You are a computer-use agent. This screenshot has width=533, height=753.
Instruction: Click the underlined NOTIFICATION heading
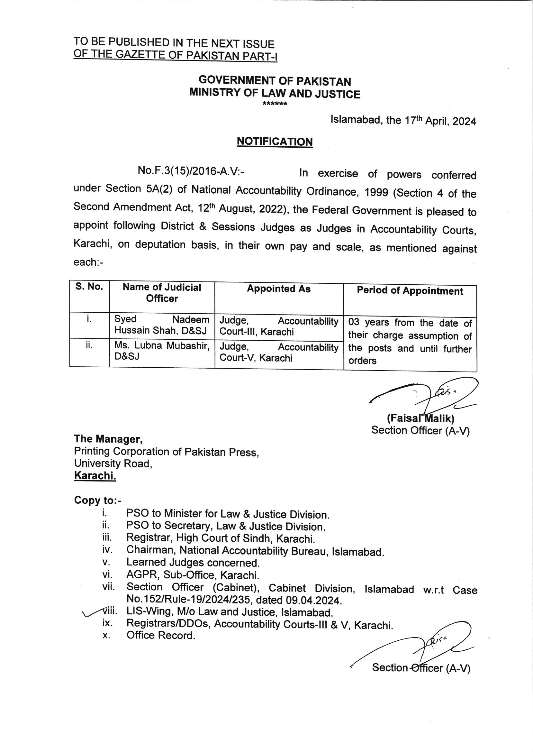[x=275, y=142]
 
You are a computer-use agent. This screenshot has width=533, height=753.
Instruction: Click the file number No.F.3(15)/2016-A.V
[x=190, y=170]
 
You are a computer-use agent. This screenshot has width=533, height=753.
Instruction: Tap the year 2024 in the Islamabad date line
[x=464, y=122]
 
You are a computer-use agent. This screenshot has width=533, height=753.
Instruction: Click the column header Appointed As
[x=279, y=289]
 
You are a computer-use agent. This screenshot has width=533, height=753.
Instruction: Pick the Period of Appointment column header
[x=410, y=291]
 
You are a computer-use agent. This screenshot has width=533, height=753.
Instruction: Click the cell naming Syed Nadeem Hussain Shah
[x=161, y=325]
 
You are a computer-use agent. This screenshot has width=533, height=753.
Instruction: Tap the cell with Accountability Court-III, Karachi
[x=279, y=326]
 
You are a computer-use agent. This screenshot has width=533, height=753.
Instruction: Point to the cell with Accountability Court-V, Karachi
[x=279, y=352]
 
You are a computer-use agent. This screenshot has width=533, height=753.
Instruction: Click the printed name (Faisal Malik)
[x=420, y=418]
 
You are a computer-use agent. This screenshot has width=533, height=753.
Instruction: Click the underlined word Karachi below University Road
[x=95, y=475]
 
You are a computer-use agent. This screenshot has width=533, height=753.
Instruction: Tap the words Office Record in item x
[x=160, y=636]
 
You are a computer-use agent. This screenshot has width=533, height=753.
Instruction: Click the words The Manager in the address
[x=108, y=439]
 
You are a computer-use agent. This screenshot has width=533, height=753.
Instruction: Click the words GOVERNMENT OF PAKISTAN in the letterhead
[x=275, y=81]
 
